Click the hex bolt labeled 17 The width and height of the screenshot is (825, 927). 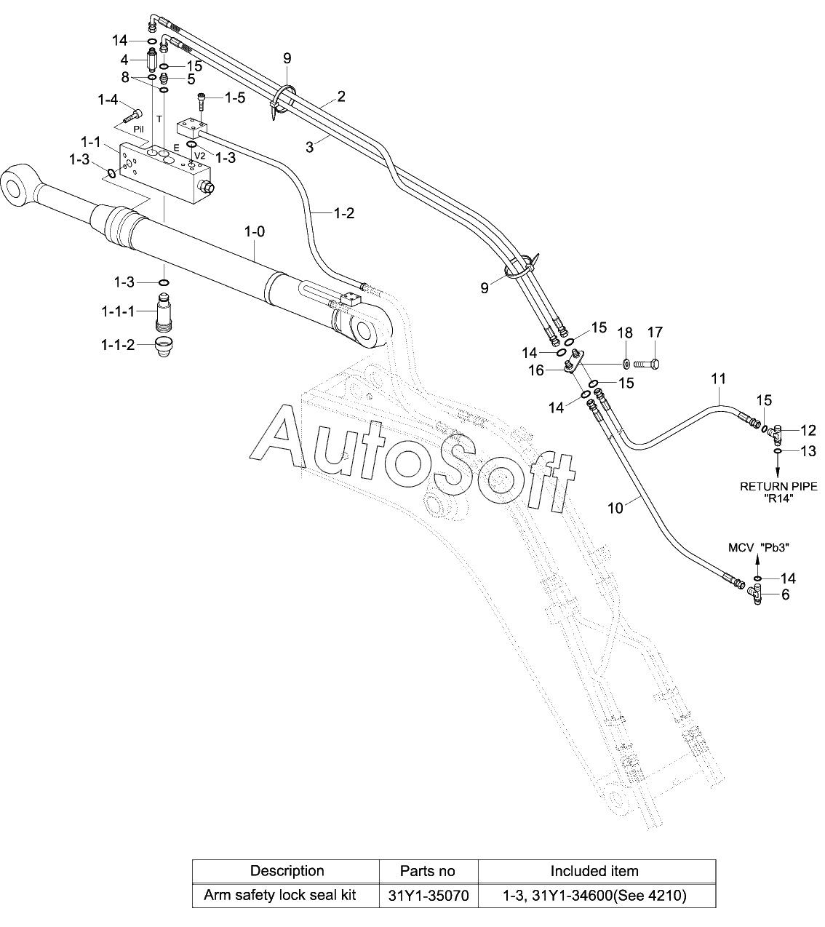pyautogui.click(x=646, y=365)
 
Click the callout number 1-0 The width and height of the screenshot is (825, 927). pyautogui.click(x=255, y=232)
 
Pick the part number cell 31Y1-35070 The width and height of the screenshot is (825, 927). pyautogui.click(x=429, y=895)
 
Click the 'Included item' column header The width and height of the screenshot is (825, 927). pyautogui.click(x=594, y=871)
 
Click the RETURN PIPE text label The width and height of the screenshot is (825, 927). pyautogui.click(x=778, y=486)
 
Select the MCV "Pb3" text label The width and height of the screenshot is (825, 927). pyautogui.click(x=759, y=547)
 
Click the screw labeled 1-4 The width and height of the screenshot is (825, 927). pyautogui.click(x=133, y=115)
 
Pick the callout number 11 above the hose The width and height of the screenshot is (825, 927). pyautogui.click(x=718, y=379)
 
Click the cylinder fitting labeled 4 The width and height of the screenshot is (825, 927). pyautogui.click(x=151, y=60)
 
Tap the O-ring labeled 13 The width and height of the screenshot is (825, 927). pyautogui.click(x=778, y=452)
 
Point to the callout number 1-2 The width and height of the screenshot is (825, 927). pyautogui.click(x=343, y=213)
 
